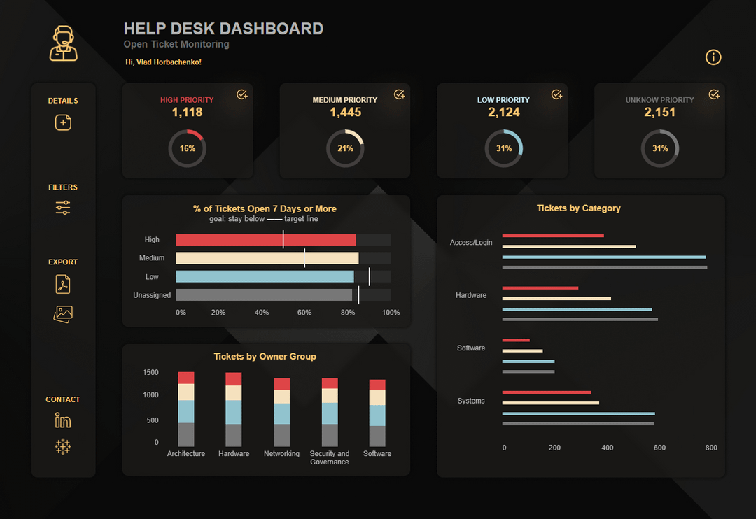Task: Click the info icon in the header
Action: tap(713, 57)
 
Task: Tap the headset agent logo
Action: tap(64, 43)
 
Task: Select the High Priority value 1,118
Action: tap(187, 112)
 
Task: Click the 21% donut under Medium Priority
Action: tap(345, 148)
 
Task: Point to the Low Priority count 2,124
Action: tap(503, 112)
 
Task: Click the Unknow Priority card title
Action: tap(659, 100)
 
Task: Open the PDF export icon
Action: tap(63, 285)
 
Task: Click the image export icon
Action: tap(63, 314)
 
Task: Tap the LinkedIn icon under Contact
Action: tap(63, 420)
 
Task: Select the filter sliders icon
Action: tap(63, 208)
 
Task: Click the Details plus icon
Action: tap(63, 122)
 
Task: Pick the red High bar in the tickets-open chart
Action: tap(265, 240)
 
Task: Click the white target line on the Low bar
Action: tap(369, 276)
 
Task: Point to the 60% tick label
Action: tap(304, 313)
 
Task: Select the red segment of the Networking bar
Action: tap(281, 383)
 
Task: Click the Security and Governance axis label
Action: tap(329, 457)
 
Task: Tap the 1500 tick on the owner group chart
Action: tap(150, 373)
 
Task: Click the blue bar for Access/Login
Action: tap(603, 257)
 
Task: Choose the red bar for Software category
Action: tap(516, 340)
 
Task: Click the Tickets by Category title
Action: tap(578, 208)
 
